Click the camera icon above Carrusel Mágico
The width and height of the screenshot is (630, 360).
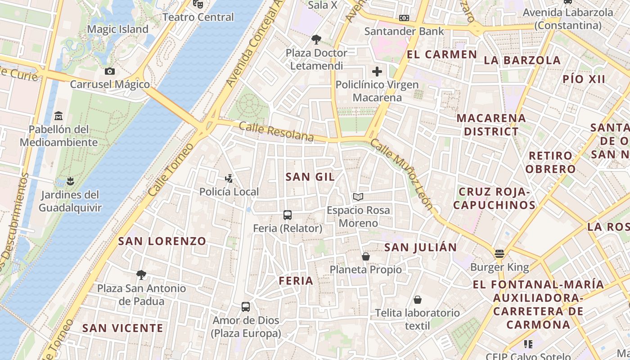tap(109, 71)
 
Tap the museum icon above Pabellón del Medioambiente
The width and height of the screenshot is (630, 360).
tap(58, 117)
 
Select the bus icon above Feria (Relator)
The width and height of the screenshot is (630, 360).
tap(288, 215)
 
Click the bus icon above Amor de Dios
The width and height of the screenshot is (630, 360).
tap(246, 307)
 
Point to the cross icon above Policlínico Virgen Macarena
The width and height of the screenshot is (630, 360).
tap(377, 71)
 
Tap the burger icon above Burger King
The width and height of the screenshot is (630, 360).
tap(499, 254)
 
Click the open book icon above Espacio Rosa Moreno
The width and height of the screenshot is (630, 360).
tap(358, 197)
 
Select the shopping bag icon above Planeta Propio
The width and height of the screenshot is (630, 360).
tap(366, 256)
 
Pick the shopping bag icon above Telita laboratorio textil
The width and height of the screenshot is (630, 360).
tap(418, 300)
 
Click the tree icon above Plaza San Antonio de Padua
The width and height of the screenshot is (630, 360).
tap(141, 274)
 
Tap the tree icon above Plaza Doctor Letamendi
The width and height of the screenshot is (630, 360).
tap(316, 40)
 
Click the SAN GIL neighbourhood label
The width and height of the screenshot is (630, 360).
tap(310, 177)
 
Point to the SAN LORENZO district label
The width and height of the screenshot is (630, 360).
tap(162, 241)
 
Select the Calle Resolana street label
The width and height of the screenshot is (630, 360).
tap(276, 132)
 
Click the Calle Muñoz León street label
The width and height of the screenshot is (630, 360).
tap(402, 175)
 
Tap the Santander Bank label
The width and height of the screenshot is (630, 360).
tap(404, 31)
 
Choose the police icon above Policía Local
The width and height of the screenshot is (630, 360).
tap(229, 179)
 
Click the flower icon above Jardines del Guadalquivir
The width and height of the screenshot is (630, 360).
tap(70, 182)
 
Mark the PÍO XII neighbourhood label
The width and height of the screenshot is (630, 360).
tap(584, 79)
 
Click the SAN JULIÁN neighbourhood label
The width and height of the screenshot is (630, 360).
tap(421, 247)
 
